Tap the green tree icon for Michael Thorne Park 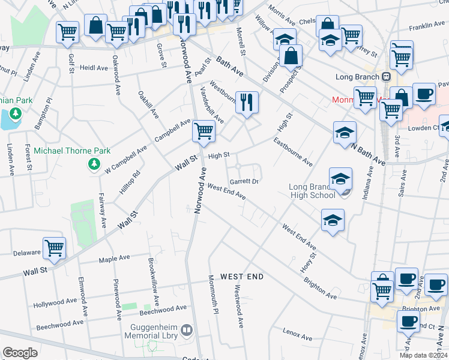pos(94,164)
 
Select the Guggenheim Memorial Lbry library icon pos(187,330)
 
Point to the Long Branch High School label pos(312,191)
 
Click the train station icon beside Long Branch pos(385,77)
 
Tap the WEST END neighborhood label pos(242,277)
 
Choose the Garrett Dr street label pos(244,181)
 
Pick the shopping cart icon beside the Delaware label pos(55,247)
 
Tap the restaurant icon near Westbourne pos(247,102)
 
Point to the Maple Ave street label pos(114,259)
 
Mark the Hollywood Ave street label pos(55,302)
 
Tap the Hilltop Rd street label pos(129,182)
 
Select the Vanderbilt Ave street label pos(211,103)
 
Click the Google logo pos(19,353)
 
